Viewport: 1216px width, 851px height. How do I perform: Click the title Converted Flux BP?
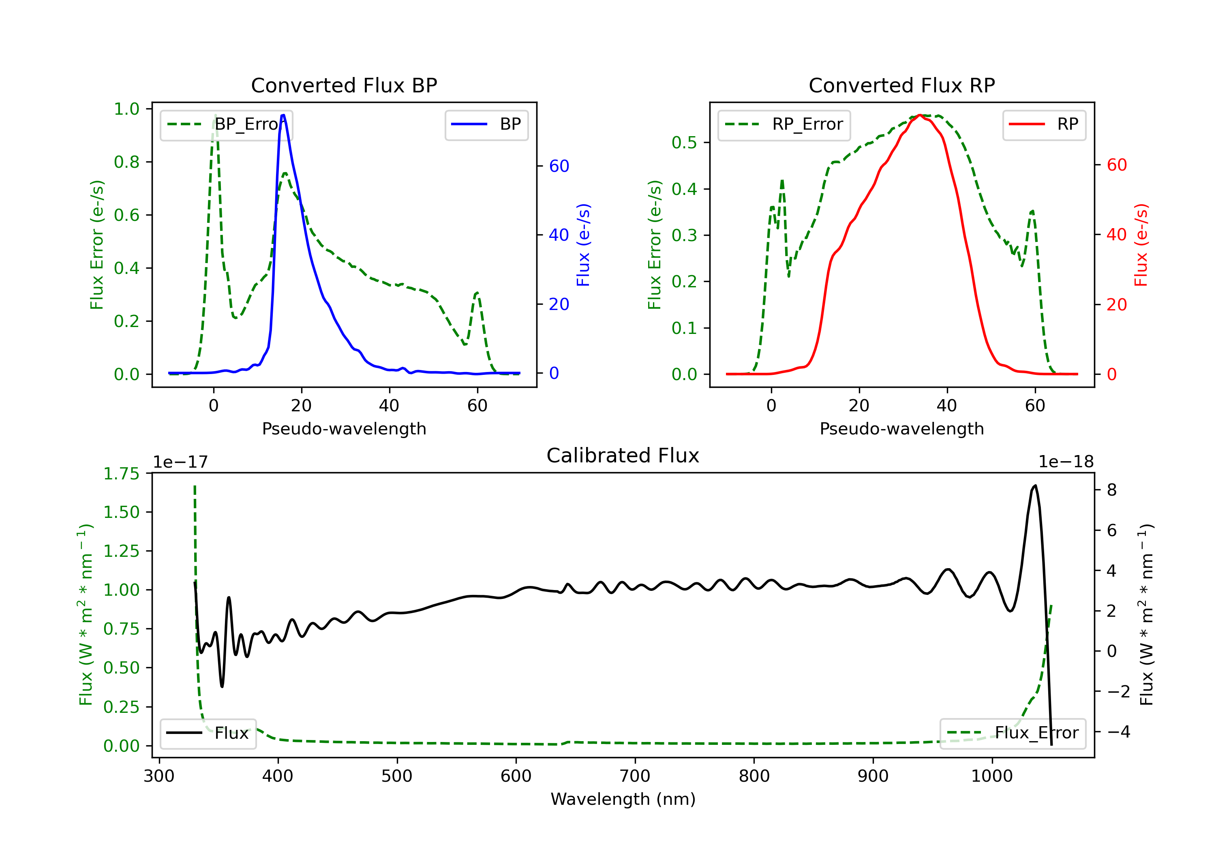coord(344,85)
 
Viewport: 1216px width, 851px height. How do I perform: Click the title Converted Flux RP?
coord(901,85)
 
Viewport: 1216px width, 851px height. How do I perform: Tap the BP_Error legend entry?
coord(226,125)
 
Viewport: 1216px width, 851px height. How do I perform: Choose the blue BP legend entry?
coord(486,124)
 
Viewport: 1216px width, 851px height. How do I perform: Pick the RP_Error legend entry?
coord(784,125)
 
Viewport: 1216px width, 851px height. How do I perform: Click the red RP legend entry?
coord(1044,124)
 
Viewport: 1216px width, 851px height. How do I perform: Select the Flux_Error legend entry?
coord(1012,733)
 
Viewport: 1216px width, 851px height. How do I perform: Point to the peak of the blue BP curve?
coord(283,115)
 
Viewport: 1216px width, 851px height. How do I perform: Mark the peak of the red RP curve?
coord(921,115)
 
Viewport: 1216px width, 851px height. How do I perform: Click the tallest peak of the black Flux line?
coord(1035,485)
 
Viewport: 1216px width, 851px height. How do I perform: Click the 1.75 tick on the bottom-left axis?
coord(121,473)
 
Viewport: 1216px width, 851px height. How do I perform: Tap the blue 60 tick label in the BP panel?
coord(559,166)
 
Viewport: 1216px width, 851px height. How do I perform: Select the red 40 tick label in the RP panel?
coord(1116,235)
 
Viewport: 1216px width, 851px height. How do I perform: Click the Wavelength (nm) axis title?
coord(623,799)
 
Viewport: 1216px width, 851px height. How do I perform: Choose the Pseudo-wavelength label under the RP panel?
coord(901,428)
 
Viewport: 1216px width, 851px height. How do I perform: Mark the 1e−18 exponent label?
coord(1066,462)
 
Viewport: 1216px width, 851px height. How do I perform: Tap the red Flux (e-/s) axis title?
coord(1141,245)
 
